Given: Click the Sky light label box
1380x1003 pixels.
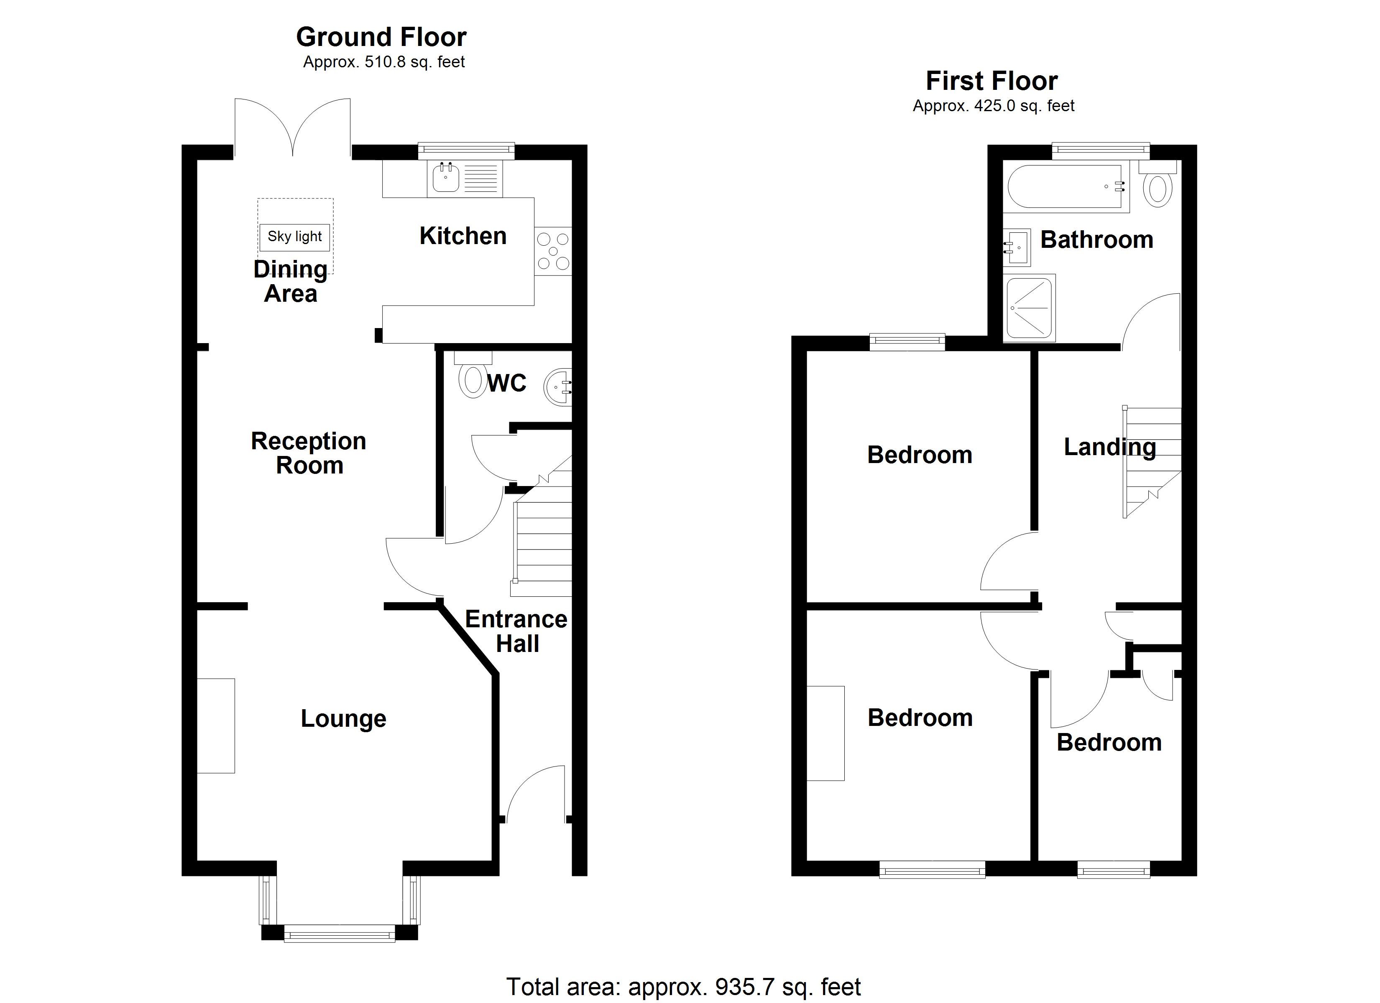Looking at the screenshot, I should pos(294,237).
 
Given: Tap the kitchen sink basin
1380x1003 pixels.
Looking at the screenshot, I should pos(446,178).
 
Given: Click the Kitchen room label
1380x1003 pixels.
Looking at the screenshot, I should pos(463,236).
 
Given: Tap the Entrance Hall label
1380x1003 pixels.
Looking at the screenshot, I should pos(516,631).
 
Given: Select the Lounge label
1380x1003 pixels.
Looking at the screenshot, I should pos(343,718).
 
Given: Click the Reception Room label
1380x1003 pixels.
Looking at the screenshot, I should pos(309,453).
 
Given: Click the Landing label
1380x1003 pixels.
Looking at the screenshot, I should pos(1109,447).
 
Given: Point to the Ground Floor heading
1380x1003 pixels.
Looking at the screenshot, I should pos(381,37).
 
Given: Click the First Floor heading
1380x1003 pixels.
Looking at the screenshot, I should pos(992,81).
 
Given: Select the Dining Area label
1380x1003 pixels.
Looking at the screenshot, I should pos(290,281).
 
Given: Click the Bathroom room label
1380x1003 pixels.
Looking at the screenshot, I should pos(1096,239).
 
